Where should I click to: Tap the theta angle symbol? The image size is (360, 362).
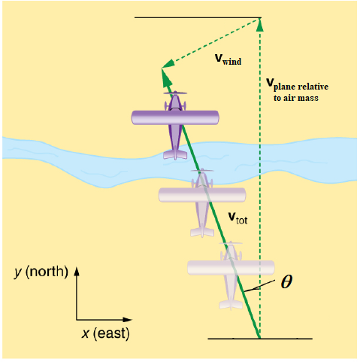[x=286, y=281]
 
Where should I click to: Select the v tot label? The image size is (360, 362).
[x=237, y=218]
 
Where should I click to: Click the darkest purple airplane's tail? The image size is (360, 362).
[x=176, y=154]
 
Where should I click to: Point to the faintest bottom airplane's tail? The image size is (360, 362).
[x=229, y=304]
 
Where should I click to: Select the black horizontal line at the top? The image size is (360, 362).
[x=197, y=17]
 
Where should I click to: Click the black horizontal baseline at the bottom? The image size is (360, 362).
[x=259, y=339]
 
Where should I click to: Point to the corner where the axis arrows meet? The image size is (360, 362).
[x=76, y=320]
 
